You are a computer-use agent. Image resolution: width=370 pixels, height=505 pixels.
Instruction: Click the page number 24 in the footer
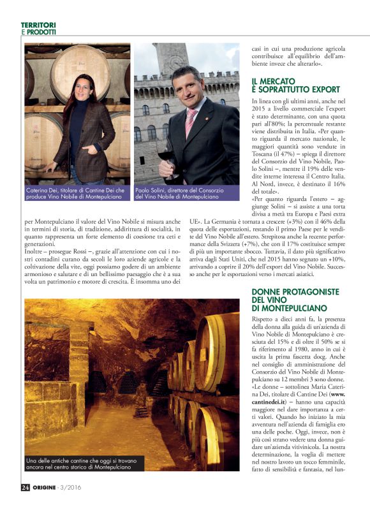25,488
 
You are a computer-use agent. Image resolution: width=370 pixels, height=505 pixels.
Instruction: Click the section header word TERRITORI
38,25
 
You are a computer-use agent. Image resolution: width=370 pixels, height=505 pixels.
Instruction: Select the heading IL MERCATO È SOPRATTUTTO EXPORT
295,85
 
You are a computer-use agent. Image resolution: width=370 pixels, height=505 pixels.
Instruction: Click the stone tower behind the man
172,64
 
